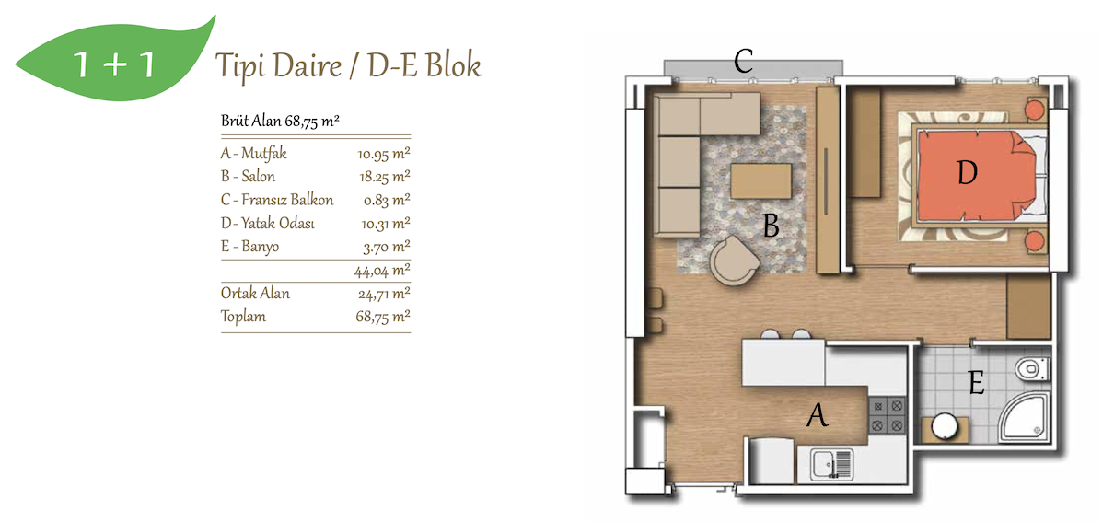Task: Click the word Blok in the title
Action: [454, 65]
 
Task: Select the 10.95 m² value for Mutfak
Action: [383, 154]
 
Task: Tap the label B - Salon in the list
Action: [249, 177]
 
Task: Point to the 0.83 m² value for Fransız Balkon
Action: [387, 200]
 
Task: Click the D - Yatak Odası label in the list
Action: [268, 223]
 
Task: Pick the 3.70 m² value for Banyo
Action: [387, 247]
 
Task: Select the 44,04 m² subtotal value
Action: [382, 271]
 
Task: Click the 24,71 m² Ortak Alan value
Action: [384, 294]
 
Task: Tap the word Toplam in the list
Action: [243, 317]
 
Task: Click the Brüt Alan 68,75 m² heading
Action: [280, 121]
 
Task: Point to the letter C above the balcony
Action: [744, 61]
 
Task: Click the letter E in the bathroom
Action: [976, 383]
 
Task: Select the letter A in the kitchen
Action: [818, 415]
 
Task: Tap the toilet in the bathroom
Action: [1032, 369]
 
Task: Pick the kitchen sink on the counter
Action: [831, 464]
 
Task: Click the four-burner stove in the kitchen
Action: [888, 415]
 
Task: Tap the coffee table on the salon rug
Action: [760, 181]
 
